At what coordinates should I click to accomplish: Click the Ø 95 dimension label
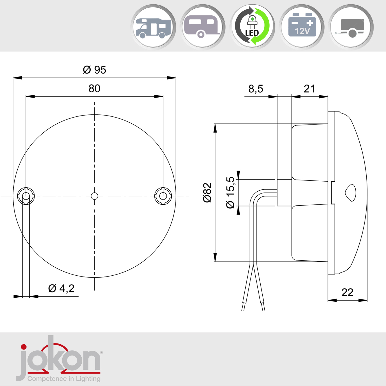click(x=94, y=70)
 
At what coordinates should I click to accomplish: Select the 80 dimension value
click(x=94, y=89)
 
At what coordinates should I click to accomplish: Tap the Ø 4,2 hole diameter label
click(x=61, y=288)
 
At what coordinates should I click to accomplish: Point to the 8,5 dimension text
click(x=256, y=89)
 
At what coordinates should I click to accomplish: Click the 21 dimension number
click(x=309, y=89)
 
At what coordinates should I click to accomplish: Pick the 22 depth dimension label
click(x=347, y=292)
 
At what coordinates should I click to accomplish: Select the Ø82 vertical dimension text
click(x=207, y=193)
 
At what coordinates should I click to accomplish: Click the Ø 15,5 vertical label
click(x=230, y=193)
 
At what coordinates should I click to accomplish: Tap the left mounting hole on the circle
click(x=26, y=196)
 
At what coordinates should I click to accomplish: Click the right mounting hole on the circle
click(x=163, y=196)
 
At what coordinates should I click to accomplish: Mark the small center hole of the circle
click(x=94, y=196)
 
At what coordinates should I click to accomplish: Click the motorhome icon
click(x=153, y=28)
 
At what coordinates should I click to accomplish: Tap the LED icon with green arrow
click(x=252, y=27)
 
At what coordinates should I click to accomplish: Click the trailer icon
click(x=351, y=28)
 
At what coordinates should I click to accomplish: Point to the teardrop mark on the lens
click(x=351, y=193)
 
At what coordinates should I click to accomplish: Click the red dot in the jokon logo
click(x=24, y=347)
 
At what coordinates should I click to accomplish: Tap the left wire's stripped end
click(x=243, y=307)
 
